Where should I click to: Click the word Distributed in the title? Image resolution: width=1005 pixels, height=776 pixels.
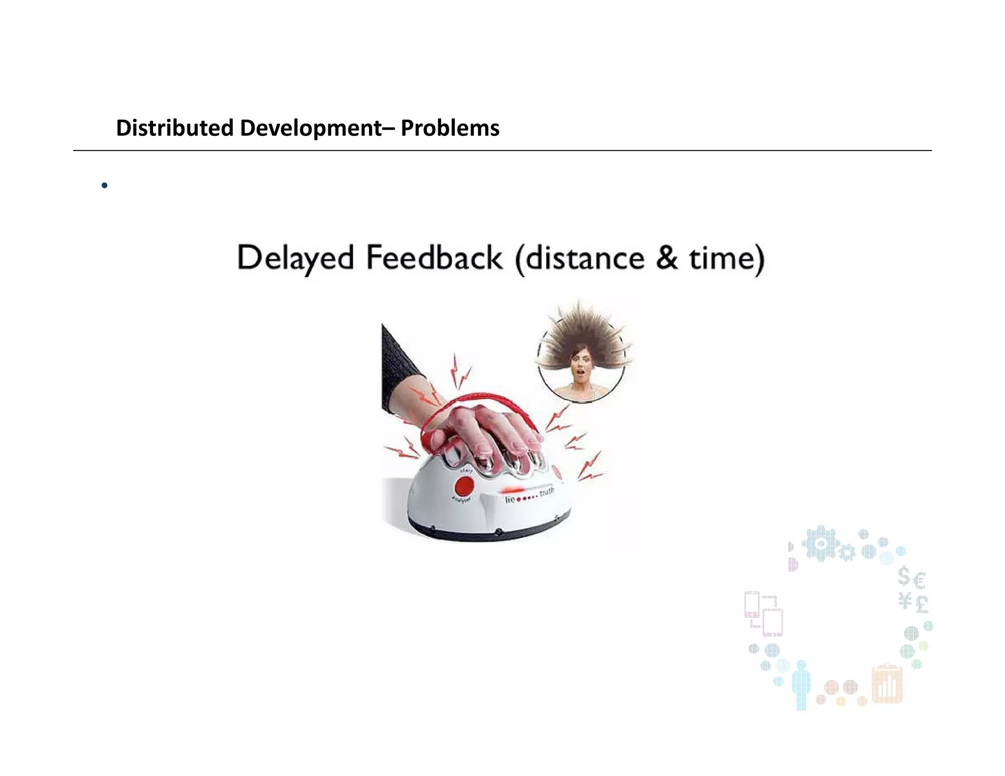pyautogui.click(x=174, y=128)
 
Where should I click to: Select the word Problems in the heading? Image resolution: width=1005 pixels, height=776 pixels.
pyautogui.click(x=450, y=128)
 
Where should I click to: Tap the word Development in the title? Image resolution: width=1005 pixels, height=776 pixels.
pyautogui.click(x=311, y=128)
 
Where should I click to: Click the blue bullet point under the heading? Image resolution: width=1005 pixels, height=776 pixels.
pyautogui.click(x=104, y=185)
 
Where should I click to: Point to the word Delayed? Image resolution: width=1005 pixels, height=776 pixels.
pyautogui.click(x=295, y=258)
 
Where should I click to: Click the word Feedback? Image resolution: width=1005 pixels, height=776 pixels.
pyautogui.click(x=434, y=258)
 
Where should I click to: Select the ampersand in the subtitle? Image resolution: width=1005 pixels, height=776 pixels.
pyautogui.click(x=666, y=258)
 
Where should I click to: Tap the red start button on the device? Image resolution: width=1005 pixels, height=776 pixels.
pyautogui.click(x=463, y=487)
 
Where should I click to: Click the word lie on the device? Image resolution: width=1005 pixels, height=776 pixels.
pyautogui.click(x=510, y=499)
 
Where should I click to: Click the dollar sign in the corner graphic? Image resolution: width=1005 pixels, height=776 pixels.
pyautogui.click(x=904, y=576)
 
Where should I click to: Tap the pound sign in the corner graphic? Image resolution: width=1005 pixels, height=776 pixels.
pyautogui.click(x=922, y=603)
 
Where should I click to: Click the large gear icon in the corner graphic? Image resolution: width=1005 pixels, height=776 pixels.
pyautogui.click(x=820, y=543)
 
